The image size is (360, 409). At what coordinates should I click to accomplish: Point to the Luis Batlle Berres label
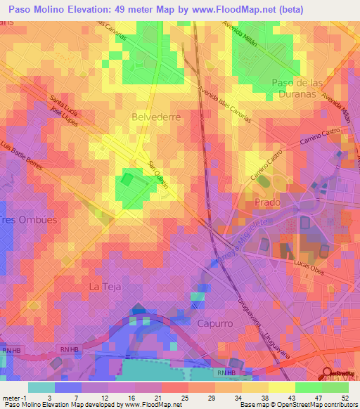[22, 158]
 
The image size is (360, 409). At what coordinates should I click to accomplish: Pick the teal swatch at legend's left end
[41, 387]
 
